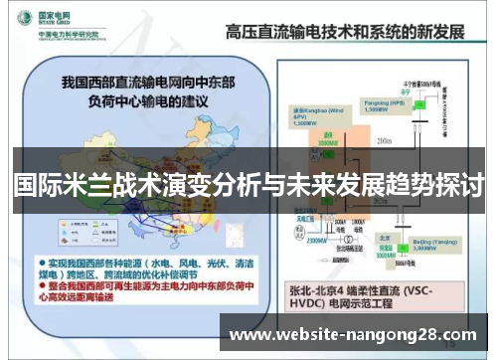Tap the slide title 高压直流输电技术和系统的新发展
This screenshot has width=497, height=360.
(343, 30)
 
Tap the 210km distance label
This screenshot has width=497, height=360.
(386, 142)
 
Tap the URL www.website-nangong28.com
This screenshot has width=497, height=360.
(352, 335)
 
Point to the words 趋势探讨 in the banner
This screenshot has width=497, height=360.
(426, 185)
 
